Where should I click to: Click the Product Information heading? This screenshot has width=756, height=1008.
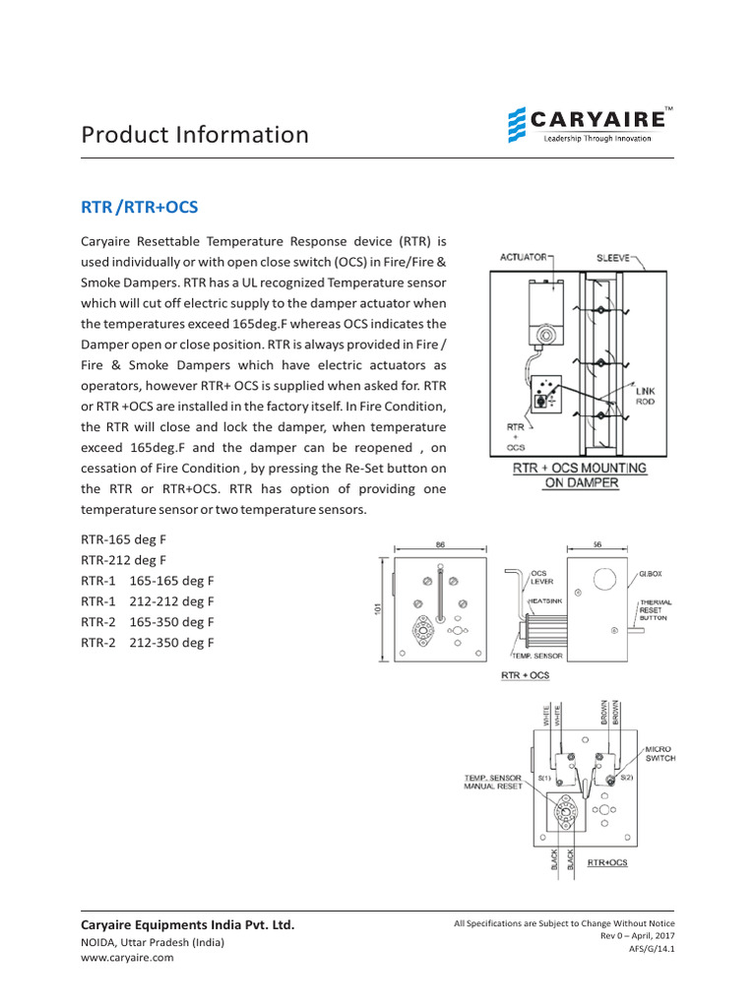(x=194, y=134)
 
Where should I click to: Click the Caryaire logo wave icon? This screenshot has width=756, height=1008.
(x=517, y=126)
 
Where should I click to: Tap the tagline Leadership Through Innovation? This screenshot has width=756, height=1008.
(x=598, y=139)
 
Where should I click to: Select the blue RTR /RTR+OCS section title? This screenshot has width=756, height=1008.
(x=139, y=207)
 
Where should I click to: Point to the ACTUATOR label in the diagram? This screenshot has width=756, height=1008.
(x=523, y=257)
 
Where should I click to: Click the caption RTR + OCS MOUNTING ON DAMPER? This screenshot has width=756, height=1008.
(x=580, y=475)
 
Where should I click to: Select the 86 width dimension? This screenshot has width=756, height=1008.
(x=440, y=543)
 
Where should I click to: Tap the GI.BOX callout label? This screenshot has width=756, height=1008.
(x=650, y=572)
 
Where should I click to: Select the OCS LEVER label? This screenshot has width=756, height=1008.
(x=541, y=577)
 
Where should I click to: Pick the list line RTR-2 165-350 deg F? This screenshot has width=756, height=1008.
(x=147, y=622)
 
